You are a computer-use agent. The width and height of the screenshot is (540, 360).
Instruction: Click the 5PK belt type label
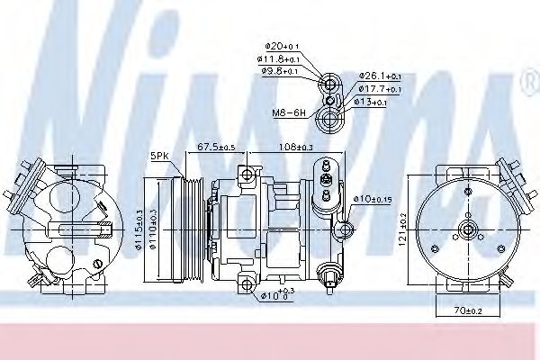click(x=160, y=156)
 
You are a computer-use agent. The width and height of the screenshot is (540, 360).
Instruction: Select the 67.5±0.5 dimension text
click(x=216, y=147)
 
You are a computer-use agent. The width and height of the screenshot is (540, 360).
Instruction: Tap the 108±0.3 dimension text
click(x=297, y=147)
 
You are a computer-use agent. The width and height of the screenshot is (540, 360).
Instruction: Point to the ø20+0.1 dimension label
click(x=282, y=45)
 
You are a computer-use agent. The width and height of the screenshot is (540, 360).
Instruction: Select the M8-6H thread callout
click(x=290, y=112)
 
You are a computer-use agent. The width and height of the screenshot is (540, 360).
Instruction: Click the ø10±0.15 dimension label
click(x=372, y=198)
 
